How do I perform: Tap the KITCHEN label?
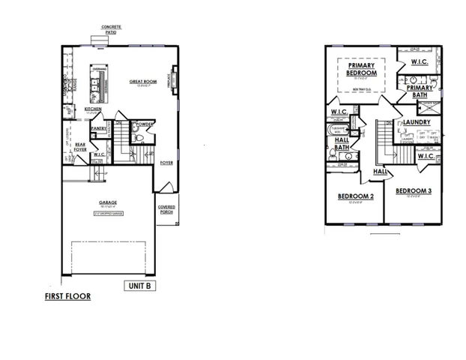point(93,109)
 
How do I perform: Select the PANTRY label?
point(98,128)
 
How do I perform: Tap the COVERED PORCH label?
point(166,209)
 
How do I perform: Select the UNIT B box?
point(139,285)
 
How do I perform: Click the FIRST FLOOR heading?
point(67,296)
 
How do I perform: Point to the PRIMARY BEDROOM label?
point(360,70)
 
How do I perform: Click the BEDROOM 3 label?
point(414,190)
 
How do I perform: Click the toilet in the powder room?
point(137,137)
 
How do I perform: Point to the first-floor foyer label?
point(166,160)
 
